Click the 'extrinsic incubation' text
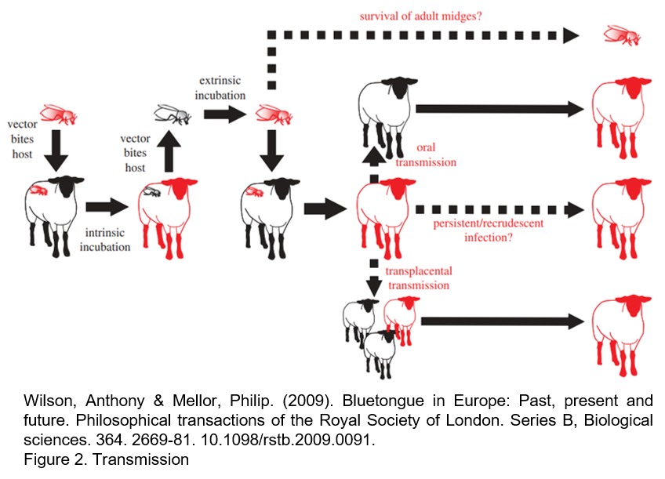(221, 88)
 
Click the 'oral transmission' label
(426, 155)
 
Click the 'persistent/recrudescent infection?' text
(488, 230)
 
